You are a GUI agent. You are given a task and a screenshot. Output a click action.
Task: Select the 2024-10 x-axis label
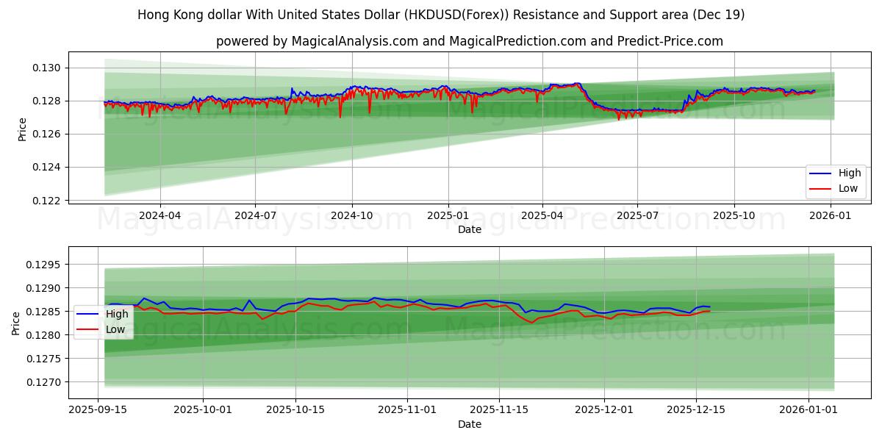(x=351, y=215)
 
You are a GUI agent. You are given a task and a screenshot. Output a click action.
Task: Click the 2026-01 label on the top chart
(x=831, y=215)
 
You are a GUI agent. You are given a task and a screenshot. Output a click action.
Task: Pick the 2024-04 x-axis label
(x=159, y=215)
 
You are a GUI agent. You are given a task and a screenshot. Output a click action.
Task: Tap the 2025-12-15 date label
(x=695, y=410)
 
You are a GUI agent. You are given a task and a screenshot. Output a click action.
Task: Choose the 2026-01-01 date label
(x=808, y=410)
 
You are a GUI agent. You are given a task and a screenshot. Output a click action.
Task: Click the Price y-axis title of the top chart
(x=22, y=129)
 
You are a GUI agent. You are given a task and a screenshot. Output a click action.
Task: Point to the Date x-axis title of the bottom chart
(x=470, y=424)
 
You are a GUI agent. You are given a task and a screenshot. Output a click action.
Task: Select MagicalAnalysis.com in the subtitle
(x=347, y=41)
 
